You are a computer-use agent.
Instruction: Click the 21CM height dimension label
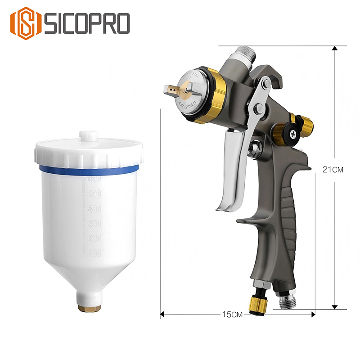click(x=333, y=170)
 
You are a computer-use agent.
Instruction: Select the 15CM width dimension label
click(x=233, y=315)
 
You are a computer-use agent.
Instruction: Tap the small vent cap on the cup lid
click(x=88, y=135)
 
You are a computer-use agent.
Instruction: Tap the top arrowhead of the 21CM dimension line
click(x=334, y=49)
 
